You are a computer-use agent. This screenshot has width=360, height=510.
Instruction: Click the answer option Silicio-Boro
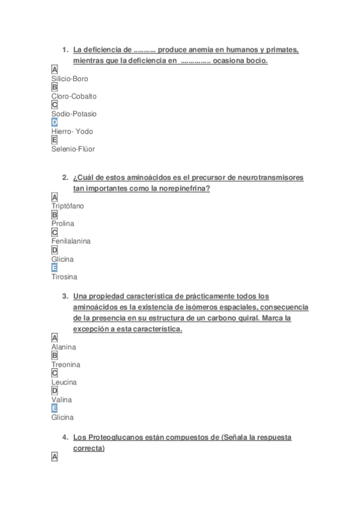(70, 79)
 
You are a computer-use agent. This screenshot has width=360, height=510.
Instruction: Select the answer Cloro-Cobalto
(73, 96)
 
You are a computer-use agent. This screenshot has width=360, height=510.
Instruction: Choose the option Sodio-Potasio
(74, 114)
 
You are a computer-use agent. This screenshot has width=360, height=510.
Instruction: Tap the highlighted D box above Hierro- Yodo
(55, 122)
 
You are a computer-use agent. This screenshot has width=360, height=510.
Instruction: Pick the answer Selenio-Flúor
(73, 149)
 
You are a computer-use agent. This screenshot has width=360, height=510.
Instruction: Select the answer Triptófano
(67, 206)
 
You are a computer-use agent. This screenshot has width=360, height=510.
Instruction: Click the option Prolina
(63, 224)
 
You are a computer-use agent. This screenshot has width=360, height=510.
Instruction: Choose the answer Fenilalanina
(71, 241)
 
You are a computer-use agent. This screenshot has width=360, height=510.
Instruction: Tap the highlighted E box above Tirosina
(55, 268)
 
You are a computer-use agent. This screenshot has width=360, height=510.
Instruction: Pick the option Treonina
(66, 364)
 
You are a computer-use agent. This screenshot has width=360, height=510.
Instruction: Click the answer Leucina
(64, 382)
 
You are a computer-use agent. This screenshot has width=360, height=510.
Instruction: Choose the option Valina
(61, 399)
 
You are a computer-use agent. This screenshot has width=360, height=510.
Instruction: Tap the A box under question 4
(55, 457)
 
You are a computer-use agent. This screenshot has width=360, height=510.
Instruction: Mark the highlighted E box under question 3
(55, 408)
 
